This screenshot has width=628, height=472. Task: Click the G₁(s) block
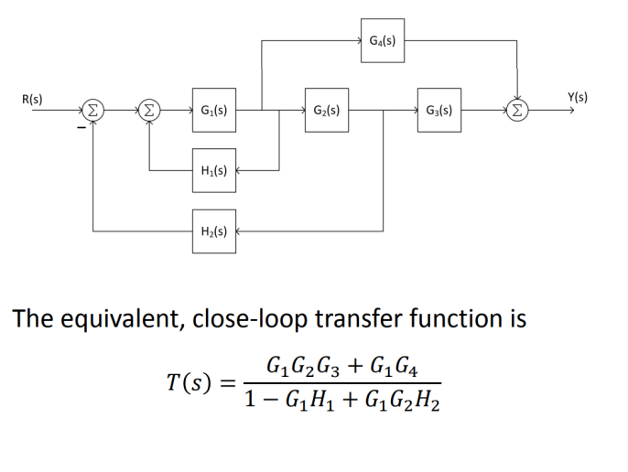click(213, 111)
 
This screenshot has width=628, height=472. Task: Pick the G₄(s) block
click(383, 41)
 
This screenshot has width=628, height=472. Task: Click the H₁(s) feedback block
click(213, 170)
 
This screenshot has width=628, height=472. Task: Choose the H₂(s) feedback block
click(213, 231)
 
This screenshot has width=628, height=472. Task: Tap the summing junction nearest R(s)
click(93, 112)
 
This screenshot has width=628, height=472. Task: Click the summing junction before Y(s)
click(518, 112)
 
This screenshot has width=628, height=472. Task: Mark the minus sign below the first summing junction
click(81, 129)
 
